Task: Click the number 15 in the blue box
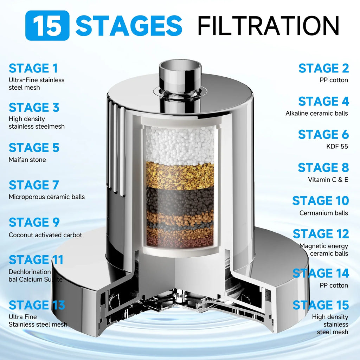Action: pyautogui.click(x=47, y=26)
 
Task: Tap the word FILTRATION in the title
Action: pyautogui.click(x=268, y=25)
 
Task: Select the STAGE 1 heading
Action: pyautogui.click(x=33, y=68)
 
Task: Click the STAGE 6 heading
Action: pyautogui.click(x=323, y=135)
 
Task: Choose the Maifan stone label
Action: pyautogui.click(x=27, y=160)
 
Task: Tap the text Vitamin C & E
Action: pyautogui.click(x=328, y=180)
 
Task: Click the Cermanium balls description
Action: pyautogui.click(x=323, y=213)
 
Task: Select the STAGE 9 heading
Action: pyautogui.click(x=34, y=223)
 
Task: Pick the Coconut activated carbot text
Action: pyautogui.click(x=45, y=234)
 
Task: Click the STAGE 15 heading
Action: pyautogui.click(x=321, y=305)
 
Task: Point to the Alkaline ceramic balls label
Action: pyautogui.click(x=316, y=113)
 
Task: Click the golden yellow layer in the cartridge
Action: pyautogui.click(x=180, y=175)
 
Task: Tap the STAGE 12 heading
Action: pyautogui.click(x=321, y=234)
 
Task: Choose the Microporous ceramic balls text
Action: pyautogui.click(x=47, y=197)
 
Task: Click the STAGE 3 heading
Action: pyautogui.click(x=34, y=108)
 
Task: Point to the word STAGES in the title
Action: pyautogui.click(x=129, y=26)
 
